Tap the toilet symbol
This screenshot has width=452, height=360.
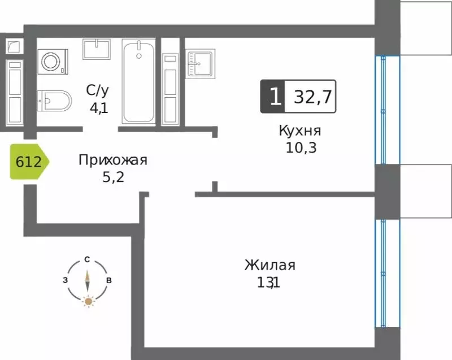coord(54,102)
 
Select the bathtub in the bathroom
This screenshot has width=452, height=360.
coord(138,82)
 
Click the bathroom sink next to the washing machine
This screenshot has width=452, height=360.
coord(96,49)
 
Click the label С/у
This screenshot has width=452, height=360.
coord(98,90)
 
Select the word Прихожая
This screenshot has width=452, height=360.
coord(112,160)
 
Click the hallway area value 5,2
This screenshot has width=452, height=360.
coord(112,177)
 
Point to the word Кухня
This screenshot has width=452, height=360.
coord(300,131)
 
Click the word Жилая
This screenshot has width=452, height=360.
coord(270,265)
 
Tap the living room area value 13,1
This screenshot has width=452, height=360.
coord(268,282)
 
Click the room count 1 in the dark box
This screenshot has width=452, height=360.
coord(273,97)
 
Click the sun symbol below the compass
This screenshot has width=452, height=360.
coord(88,301)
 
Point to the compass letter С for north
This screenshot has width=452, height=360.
coord(88,259)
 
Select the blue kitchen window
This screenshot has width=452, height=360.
coord(388,110)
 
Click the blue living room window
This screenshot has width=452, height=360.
coord(388,274)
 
